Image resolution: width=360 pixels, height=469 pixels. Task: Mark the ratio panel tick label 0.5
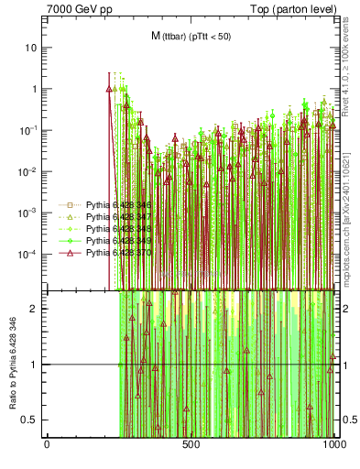coord(33,420)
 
